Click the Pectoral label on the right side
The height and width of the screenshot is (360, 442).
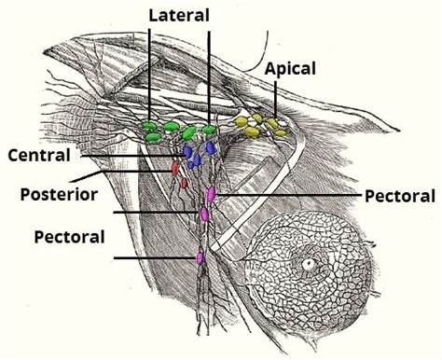[x=400, y=196]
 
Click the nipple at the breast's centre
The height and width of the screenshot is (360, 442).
[x=308, y=264]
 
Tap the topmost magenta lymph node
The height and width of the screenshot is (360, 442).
[x=212, y=193]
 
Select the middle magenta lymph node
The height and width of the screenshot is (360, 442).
[x=204, y=215]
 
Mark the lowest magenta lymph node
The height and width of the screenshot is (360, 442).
[x=199, y=256]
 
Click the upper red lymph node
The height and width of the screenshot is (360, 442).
[x=173, y=169]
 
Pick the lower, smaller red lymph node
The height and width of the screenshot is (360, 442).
[x=184, y=183]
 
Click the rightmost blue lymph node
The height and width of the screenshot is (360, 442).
[x=211, y=148]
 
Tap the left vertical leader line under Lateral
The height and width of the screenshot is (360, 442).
[x=149, y=75]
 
